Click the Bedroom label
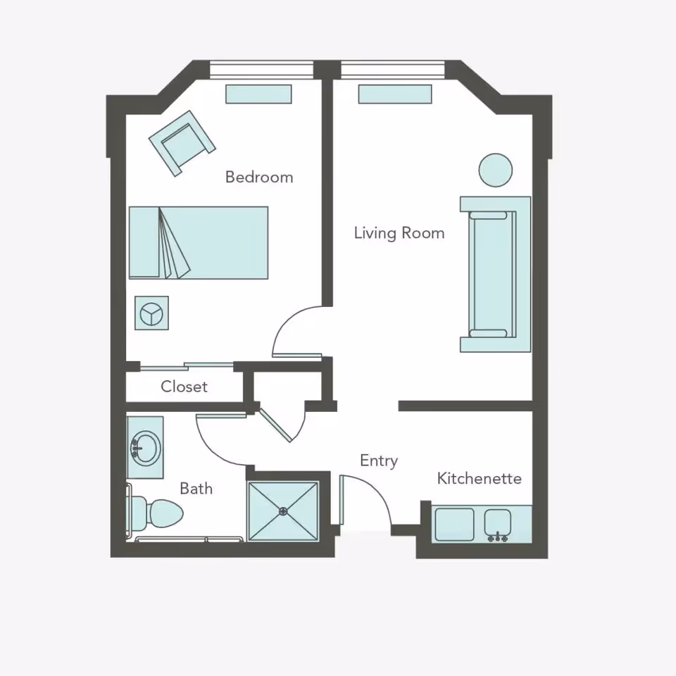258,177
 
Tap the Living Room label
399,232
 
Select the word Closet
184,387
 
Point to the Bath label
196,489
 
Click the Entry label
379,461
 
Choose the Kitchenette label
479,479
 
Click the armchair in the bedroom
182,143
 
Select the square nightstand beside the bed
151,313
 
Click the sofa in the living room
495,274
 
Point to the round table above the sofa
495,170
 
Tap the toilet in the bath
159,513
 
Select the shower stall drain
283,511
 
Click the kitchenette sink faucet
498,537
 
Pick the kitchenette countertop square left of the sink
454,525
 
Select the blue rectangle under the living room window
395,94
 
